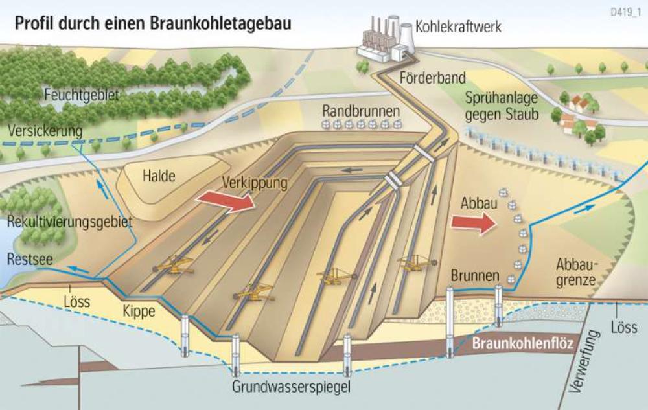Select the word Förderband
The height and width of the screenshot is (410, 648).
tap(433, 78)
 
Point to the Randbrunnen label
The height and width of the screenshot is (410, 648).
tap(361, 110)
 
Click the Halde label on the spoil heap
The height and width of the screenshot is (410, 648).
tap(159, 175)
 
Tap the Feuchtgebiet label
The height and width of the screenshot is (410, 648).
tap(82, 96)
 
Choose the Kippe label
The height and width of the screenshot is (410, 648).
tap(139, 311)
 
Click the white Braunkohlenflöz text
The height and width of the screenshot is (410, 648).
tap(522, 345)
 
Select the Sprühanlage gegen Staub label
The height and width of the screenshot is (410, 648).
tap(496, 106)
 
